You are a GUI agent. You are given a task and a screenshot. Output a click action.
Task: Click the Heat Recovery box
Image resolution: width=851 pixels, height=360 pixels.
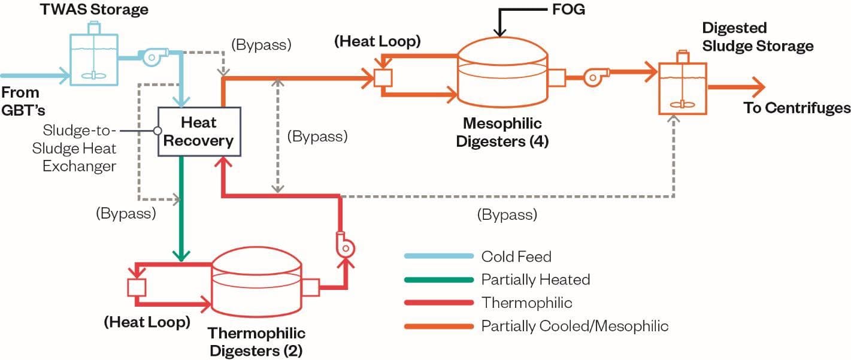199,132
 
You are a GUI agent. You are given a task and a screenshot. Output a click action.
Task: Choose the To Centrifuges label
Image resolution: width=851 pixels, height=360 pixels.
797,108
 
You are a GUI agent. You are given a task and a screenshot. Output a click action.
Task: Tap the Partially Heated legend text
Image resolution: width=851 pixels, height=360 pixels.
535,279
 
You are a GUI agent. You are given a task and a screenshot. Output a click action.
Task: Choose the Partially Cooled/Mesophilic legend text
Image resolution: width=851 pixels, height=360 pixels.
574,326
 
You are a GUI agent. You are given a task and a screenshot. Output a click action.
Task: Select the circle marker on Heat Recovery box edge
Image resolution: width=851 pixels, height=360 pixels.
158,131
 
